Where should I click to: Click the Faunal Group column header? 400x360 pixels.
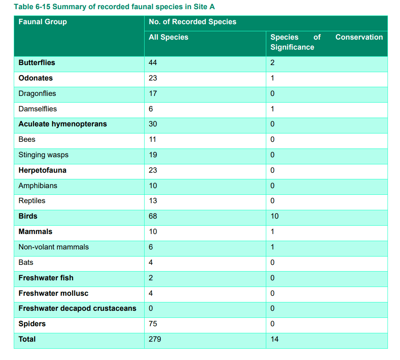[42, 22]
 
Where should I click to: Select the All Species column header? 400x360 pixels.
[168, 37]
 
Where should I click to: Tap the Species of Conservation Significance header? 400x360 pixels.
[327, 42]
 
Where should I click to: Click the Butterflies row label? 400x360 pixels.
[37, 63]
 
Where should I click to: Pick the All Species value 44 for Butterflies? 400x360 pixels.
[152, 63]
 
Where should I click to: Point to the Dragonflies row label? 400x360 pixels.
[37, 93]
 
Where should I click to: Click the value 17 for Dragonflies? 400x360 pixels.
[153, 93]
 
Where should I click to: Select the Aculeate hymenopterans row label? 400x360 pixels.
[63, 124]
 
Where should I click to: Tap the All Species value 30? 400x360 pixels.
[153, 124]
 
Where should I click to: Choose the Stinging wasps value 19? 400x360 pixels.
[153, 155]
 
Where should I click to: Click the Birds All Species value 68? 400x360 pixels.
[153, 216]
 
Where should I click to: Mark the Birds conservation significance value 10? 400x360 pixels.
[275, 216]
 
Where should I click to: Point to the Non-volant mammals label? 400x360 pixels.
[54, 247]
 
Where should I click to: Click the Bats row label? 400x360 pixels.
[26, 262]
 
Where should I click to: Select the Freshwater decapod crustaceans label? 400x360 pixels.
[77, 308]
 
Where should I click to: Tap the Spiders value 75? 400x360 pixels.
[153, 324]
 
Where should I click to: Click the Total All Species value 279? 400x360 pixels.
[155, 339]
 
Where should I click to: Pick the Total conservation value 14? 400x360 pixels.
[275, 339]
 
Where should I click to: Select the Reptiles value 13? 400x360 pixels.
[153, 201]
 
